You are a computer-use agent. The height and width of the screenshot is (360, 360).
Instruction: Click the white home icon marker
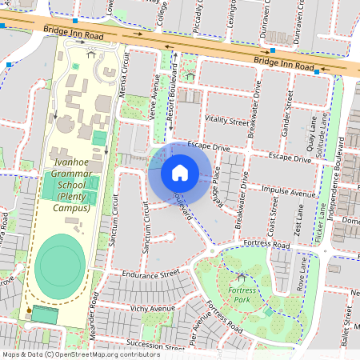[x=180, y=173]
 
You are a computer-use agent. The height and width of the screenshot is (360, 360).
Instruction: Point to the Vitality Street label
[x=227, y=121]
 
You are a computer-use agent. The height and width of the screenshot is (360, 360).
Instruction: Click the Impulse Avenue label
[x=289, y=192]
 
